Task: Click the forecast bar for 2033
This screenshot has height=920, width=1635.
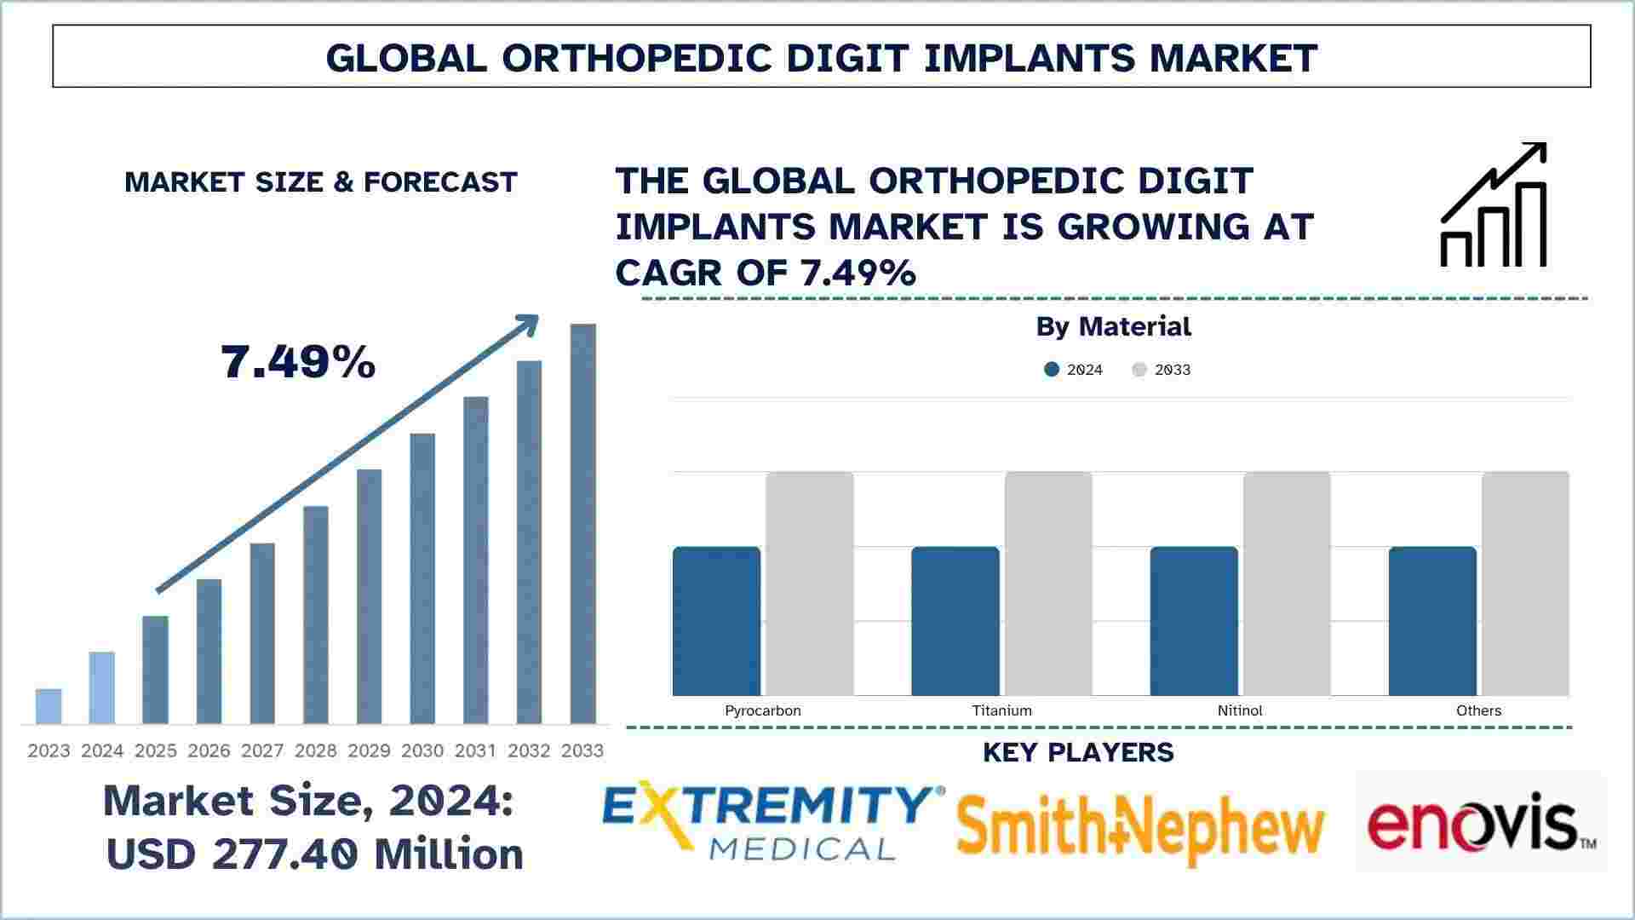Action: (582, 523)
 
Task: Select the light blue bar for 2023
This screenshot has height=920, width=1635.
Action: (49, 706)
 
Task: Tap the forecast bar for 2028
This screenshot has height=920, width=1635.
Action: (316, 614)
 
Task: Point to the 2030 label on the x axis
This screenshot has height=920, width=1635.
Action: (422, 750)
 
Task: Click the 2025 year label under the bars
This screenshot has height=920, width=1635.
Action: (156, 750)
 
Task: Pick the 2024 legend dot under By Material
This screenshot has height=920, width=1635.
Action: (1052, 370)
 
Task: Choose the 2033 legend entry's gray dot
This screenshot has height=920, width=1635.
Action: (1139, 370)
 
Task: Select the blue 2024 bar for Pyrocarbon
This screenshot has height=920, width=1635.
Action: (716, 621)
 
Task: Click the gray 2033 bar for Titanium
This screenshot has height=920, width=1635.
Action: (1048, 584)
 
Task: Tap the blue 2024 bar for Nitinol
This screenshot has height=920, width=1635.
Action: (1194, 621)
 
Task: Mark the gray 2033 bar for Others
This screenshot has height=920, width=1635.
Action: (1525, 584)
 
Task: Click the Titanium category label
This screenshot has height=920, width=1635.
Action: (1001, 710)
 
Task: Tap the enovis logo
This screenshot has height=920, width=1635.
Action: (1481, 823)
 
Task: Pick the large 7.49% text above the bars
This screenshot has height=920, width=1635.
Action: (298, 362)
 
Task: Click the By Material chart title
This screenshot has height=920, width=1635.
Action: (1113, 326)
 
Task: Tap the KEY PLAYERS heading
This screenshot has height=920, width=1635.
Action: (1078, 752)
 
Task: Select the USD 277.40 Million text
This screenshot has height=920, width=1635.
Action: (314, 854)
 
